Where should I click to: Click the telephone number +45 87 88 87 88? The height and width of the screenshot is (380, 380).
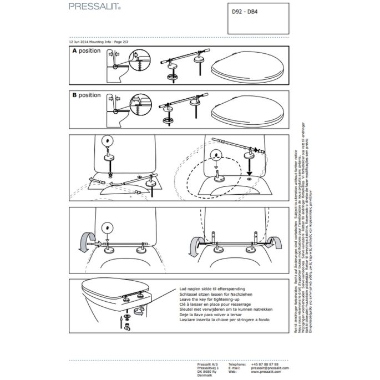(x=266, y=363)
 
